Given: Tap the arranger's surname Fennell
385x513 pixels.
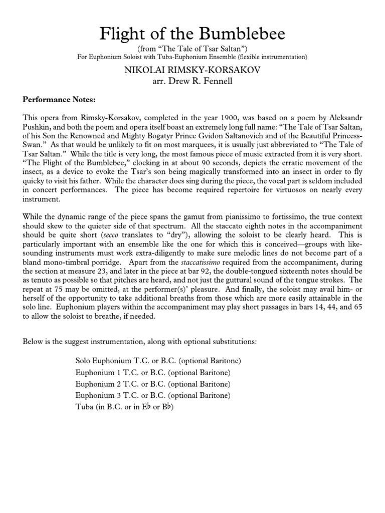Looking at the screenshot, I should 219,81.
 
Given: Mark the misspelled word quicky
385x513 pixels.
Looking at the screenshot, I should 36,190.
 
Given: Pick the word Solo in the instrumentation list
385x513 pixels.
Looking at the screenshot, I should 84,361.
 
